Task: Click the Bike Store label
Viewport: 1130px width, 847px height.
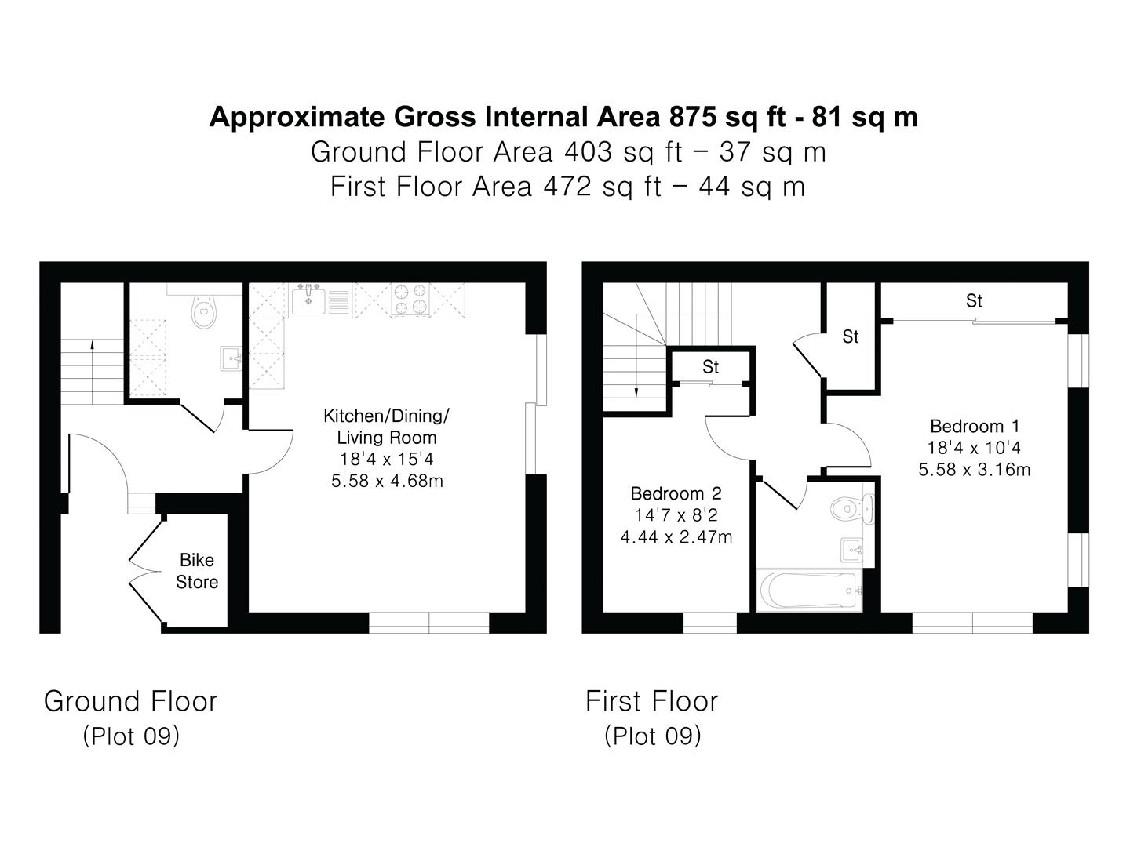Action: click(x=197, y=571)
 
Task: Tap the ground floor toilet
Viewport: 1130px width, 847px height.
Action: click(x=204, y=310)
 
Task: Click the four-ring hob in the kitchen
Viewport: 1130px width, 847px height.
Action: click(x=411, y=300)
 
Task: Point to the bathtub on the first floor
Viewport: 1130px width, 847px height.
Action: click(x=807, y=589)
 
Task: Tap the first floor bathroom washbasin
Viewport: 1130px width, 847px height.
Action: click(x=852, y=550)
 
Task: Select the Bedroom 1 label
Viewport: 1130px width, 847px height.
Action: click(x=975, y=427)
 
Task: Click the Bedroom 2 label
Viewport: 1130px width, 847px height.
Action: click(x=676, y=494)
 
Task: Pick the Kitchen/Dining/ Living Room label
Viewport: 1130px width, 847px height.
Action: click(x=386, y=427)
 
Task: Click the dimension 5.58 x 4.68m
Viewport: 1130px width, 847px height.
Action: click(x=387, y=481)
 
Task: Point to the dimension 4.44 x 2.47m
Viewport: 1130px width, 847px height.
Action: click(x=676, y=537)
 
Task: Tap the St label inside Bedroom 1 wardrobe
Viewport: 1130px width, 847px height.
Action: click(x=974, y=301)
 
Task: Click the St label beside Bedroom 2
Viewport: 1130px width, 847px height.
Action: click(x=710, y=367)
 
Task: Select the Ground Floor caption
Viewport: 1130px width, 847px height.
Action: click(x=130, y=701)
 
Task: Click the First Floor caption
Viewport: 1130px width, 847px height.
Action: click(x=651, y=701)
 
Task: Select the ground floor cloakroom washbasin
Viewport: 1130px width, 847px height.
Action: click(x=231, y=358)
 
